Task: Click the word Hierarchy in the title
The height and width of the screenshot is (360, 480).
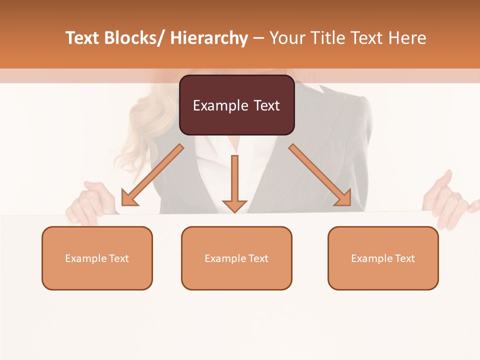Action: coord(208,38)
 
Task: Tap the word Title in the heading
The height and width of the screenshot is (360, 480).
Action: coord(325,38)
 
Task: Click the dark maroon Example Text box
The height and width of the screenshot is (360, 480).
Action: coord(236,105)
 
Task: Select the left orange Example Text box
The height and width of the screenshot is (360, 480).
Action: coord(97,258)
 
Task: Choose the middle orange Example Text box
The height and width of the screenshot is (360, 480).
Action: coord(236,258)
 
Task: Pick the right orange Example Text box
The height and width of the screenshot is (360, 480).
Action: coord(383,258)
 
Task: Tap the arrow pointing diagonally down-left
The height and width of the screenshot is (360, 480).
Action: coord(152,175)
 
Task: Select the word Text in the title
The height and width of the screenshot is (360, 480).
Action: coord(83,38)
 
